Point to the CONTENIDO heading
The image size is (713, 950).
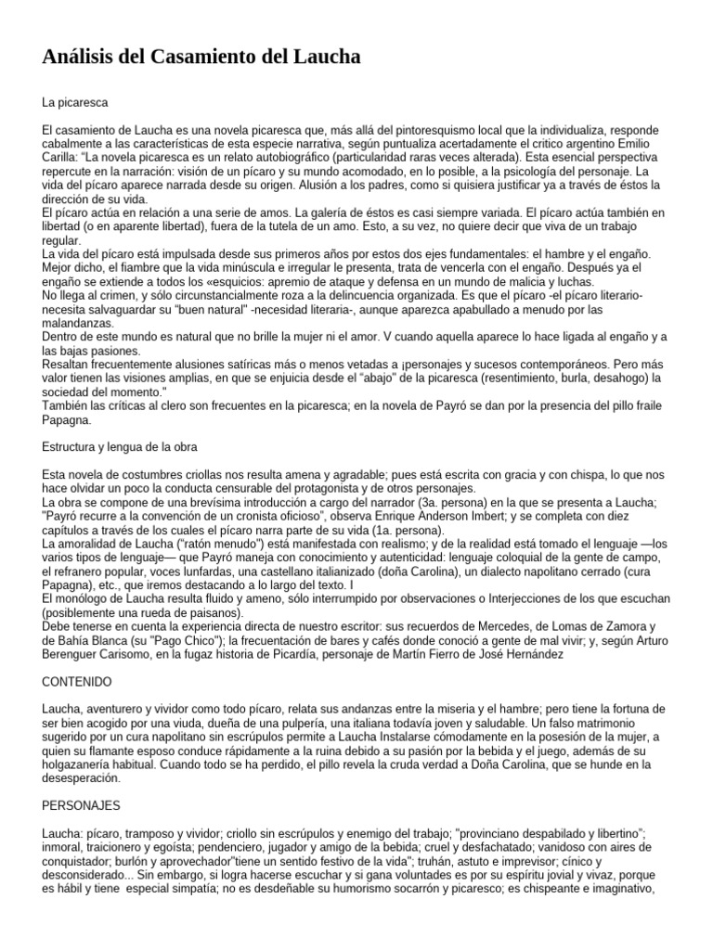point(78,681)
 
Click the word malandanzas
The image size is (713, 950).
point(78,322)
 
